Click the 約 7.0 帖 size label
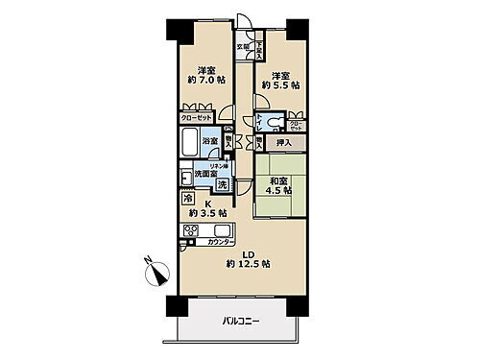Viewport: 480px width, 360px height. [x=204, y=84]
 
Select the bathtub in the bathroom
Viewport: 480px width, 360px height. [x=189, y=149]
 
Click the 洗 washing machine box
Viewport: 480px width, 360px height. [x=222, y=183]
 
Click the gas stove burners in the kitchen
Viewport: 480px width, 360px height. [x=191, y=230]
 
